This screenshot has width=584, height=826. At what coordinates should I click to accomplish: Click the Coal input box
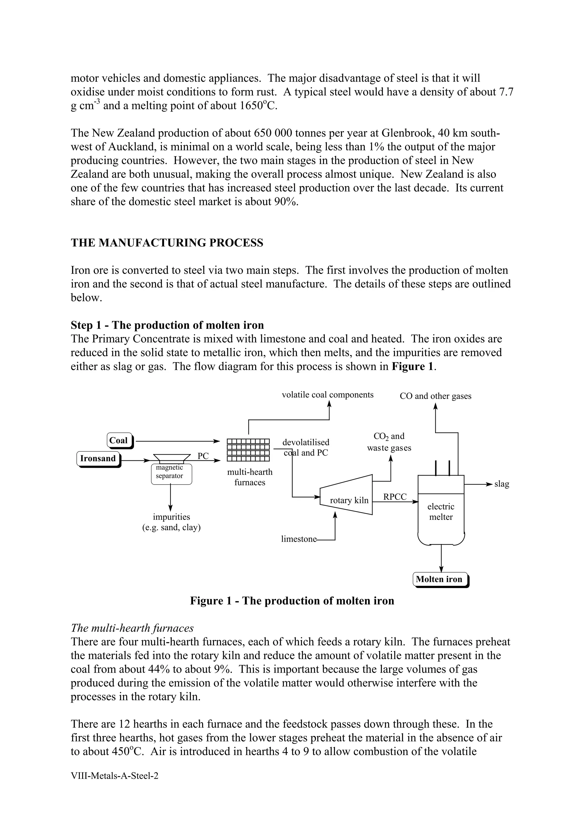(x=119, y=441)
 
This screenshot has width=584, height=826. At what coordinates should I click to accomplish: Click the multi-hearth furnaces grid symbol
(x=248, y=450)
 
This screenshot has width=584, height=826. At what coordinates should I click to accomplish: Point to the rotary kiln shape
(x=346, y=495)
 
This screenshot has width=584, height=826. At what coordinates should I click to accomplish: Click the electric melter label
(x=441, y=512)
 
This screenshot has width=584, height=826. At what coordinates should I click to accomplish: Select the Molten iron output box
(x=440, y=579)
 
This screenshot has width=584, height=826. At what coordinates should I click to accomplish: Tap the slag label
(x=502, y=484)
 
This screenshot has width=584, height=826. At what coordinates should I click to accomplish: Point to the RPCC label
(x=395, y=497)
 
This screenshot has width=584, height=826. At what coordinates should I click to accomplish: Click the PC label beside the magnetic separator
(x=203, y=456)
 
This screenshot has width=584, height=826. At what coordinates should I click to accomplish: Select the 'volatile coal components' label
(x=327, y=395)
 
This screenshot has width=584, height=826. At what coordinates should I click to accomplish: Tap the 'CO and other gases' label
(x=435, y=396)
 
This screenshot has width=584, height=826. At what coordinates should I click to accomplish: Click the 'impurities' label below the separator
(x=171, y=517)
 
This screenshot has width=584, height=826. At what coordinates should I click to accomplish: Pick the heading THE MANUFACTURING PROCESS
(x=167, y=243)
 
